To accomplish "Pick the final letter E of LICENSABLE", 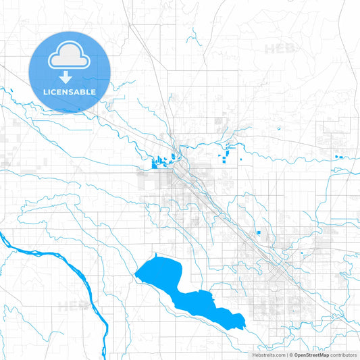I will pos(93,92).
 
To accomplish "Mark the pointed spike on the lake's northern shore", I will pos(156,255).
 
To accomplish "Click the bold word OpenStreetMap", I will pos(311,355).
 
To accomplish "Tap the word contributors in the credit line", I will pos(343,355).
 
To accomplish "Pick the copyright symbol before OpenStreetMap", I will pos(290,355).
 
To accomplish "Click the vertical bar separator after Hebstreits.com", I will pos(286,355).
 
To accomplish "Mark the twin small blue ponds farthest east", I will pos(338,157).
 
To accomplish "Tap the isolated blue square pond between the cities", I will pos(259,234).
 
